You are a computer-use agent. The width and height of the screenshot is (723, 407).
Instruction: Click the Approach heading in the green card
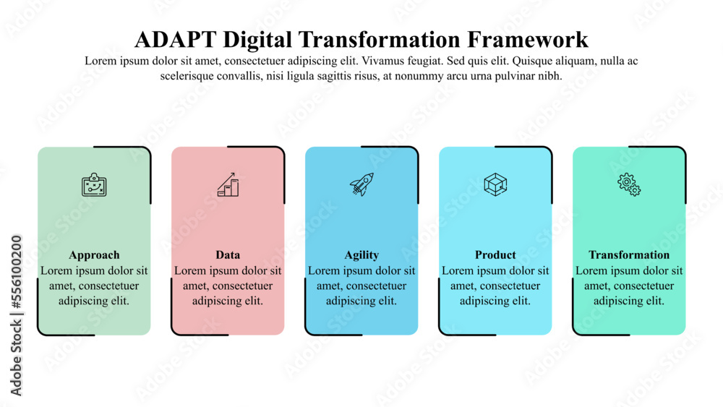tap(94, 255)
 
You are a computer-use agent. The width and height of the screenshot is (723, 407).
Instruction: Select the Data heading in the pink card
tap(228, 255)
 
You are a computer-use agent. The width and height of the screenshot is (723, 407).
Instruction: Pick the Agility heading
tap(361, 255)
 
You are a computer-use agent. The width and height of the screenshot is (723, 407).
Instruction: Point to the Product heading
tap(495, 255)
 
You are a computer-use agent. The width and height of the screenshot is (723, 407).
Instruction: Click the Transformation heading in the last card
tap(629, 255)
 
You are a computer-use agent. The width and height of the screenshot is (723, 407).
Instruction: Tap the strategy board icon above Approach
tap(94, 184)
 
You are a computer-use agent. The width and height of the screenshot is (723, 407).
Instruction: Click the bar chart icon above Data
tap(228, 184)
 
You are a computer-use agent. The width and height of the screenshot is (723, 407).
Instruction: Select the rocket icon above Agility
tap(361, 184)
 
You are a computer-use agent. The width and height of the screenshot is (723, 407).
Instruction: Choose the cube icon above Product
tap(495, 184)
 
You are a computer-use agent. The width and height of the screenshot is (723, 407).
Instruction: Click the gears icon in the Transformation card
tap(629, 184)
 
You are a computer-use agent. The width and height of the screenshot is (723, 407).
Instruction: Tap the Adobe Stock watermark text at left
tap(16, 314)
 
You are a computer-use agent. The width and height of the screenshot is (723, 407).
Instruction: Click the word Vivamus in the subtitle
tap(392, 61)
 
